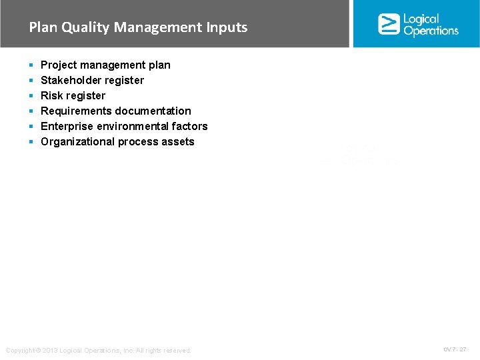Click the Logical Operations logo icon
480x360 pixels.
389,24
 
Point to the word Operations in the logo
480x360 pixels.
431,31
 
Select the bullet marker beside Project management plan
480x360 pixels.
31,65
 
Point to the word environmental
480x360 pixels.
129,126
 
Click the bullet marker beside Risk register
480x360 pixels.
31,96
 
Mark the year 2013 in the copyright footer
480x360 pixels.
50,351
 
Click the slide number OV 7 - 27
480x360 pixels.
455,349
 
